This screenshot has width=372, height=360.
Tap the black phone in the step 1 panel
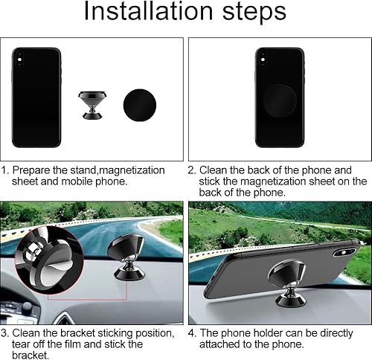coord(36,97)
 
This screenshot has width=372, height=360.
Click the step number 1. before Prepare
coord(6,170)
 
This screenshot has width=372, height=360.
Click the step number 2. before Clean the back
coord(192,170)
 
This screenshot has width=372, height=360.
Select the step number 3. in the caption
coord(6,332)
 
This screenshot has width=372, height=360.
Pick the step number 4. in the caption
coord(192,332)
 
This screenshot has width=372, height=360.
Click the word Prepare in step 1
coord(33,170)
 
